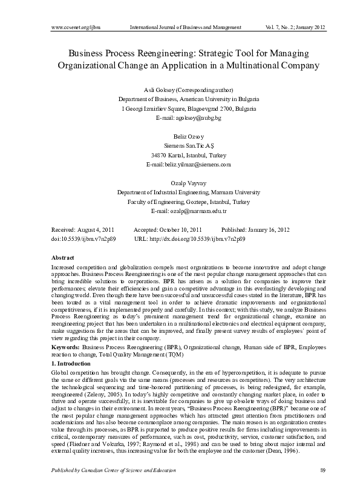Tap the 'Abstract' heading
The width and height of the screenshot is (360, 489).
tap(63, 258)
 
